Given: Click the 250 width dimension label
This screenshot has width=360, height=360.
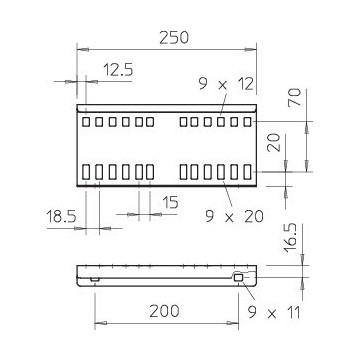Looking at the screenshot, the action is point(174,38).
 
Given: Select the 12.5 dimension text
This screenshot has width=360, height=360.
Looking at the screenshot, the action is point(118,70).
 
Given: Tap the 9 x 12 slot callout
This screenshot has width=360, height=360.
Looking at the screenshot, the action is point(226,84).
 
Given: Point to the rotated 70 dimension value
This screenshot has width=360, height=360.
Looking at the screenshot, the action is point(295,97).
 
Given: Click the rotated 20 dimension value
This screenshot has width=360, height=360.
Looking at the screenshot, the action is point(274,143).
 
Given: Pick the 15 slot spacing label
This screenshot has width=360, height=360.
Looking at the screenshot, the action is point(171,203).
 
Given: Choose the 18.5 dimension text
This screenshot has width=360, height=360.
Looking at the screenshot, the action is point(61,217).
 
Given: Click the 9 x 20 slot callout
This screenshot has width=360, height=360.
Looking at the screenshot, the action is point(234,217).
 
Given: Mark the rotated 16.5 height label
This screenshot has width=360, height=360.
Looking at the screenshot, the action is point(291,238).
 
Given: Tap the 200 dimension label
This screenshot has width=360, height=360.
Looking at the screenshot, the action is point(164,312).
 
